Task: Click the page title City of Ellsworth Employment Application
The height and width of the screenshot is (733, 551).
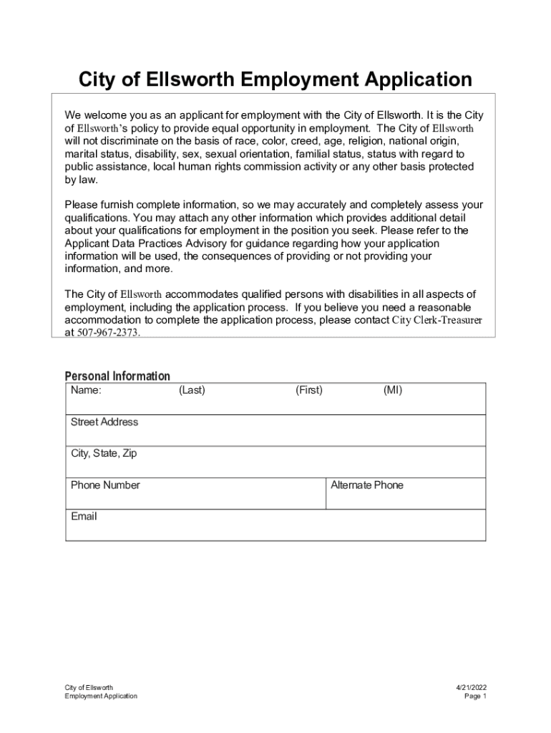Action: click(275, 79)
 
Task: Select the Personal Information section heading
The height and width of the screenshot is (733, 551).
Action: click(117, 376)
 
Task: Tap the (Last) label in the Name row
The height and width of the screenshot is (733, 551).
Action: click(192, 390)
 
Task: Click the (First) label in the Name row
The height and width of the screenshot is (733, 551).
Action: click(308, 390)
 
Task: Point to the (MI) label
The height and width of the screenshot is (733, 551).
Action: click(393, 390)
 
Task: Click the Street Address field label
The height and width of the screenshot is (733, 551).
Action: click(104, 422)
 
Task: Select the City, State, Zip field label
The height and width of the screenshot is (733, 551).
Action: click(104, 453)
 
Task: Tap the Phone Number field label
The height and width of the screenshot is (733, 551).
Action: click(105, 485)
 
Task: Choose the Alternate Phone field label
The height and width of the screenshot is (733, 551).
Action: click(366, 485)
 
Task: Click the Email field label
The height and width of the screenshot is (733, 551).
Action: click(84, 516)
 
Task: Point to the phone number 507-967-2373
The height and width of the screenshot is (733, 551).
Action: click(107, 333)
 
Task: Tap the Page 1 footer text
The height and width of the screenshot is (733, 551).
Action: click(475, 696)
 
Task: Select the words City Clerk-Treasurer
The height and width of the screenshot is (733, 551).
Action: click(437, 320)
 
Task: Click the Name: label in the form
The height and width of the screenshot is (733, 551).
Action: click(86, 390)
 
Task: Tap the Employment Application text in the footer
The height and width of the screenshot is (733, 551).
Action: click(100, 696)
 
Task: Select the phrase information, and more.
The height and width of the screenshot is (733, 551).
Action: click(118, 269)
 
